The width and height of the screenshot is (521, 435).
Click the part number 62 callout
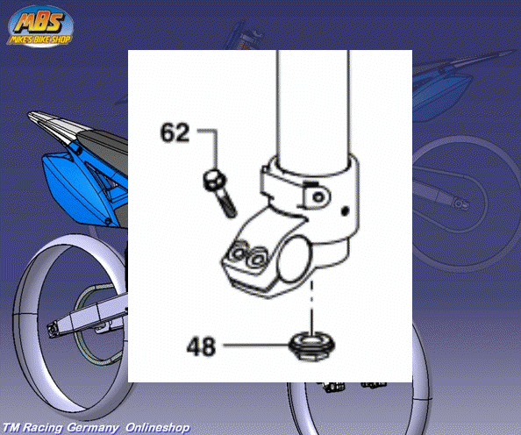pyautogui.click(x=175, y=132)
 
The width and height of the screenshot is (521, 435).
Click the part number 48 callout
pyautogui.click(x=201, y=346)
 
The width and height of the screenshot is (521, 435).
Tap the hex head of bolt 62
pyautogui.click(x=214, y=181)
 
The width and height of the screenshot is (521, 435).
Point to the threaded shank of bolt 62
pyautogui.click(x=227, y=204)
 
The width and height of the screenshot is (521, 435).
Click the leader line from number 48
pyautogui.click(x=256, y=346)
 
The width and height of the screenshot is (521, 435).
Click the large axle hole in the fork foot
pyautogui.click(x=295, y=259)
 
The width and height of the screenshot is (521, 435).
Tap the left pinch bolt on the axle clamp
pyautogui.click(x=239, y=253)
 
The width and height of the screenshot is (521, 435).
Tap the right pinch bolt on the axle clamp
pyautogui.click(x=257, y=259)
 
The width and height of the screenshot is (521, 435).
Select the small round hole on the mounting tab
pyautogui.click(x=318, y=197)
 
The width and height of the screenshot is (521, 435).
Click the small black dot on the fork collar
pyautogui.click(x=346, y=210)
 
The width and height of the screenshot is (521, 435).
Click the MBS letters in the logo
pyautogui.click(x=39, y=23)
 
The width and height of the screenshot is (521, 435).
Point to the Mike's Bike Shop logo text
pyautogui.click(x=39, y=39)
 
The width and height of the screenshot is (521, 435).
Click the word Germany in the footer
pyautogui.click(x=93, y=428)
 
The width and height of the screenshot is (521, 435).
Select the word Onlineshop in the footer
pyautogui.click(x=158, y=427)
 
